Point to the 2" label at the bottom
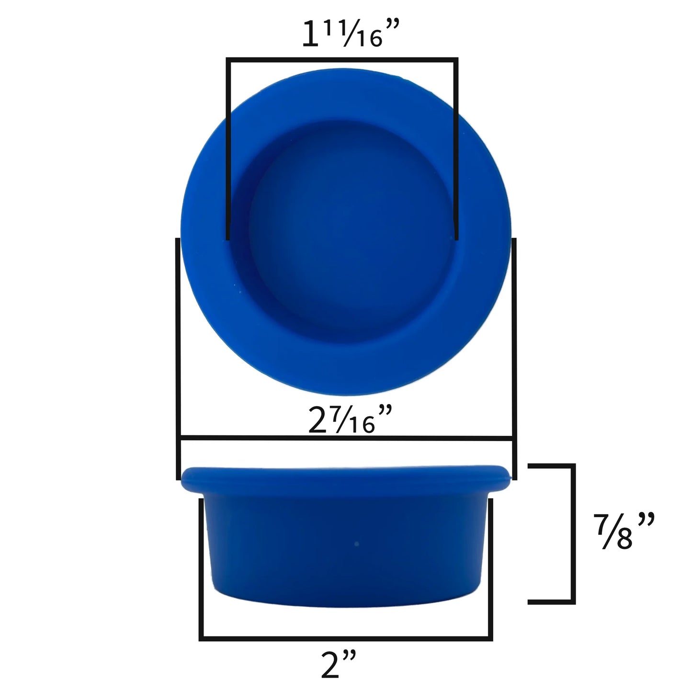338,665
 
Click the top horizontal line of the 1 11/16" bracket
342,59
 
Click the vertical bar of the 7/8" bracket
572,533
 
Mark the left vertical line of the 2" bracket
201,567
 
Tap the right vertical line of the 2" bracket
490,567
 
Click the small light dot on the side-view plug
356,544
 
